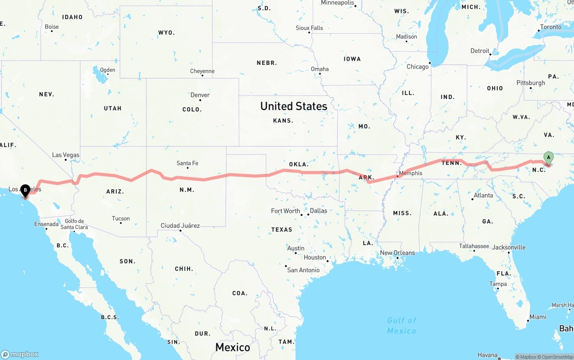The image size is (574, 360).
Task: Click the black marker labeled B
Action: point(26,191)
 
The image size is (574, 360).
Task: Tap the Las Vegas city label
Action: point(65,155)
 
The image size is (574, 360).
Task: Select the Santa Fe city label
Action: point(187,163)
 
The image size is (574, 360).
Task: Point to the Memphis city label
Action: point(410,173)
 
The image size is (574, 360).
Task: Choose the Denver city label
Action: point(200,95)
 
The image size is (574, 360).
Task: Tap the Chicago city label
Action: point(417,67)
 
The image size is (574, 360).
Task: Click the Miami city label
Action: point(538,317)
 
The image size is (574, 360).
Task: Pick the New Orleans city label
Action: point(397,253)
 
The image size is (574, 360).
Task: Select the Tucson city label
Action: point(121,219)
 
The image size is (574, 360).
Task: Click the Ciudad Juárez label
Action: point(180,226)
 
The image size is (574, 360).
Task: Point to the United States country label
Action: point(294,106)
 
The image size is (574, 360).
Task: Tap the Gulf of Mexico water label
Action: point(402,325)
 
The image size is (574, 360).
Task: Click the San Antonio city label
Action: point(304,270)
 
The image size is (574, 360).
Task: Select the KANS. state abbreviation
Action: point(283,121)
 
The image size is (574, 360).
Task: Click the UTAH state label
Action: point(113,108)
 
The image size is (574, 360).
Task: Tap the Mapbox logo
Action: point(20,354)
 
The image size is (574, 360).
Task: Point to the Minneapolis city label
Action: point(338,3)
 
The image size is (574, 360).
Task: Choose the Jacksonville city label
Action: point(509,247)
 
